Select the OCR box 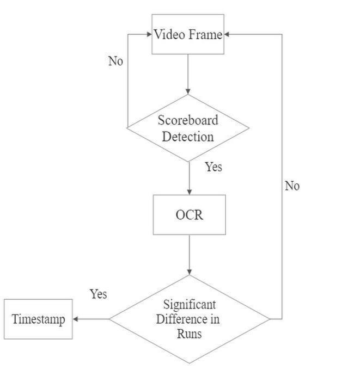(x=189, y=214)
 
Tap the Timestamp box (x=38, y=319)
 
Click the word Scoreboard (x=188, y=120)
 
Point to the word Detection (x=188, y=136)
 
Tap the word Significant (x=190, y=304)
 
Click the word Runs (x=189, y=333)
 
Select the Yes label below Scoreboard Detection (x=213, y=167)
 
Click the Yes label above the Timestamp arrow (x=99, y=294)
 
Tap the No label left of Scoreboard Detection (x=115, y=61)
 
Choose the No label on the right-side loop (x=292, y=186)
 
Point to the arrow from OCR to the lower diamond (x=190, y=255)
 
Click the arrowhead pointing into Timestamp (x=76, y=319)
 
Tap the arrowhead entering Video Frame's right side (x=227, y=34)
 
